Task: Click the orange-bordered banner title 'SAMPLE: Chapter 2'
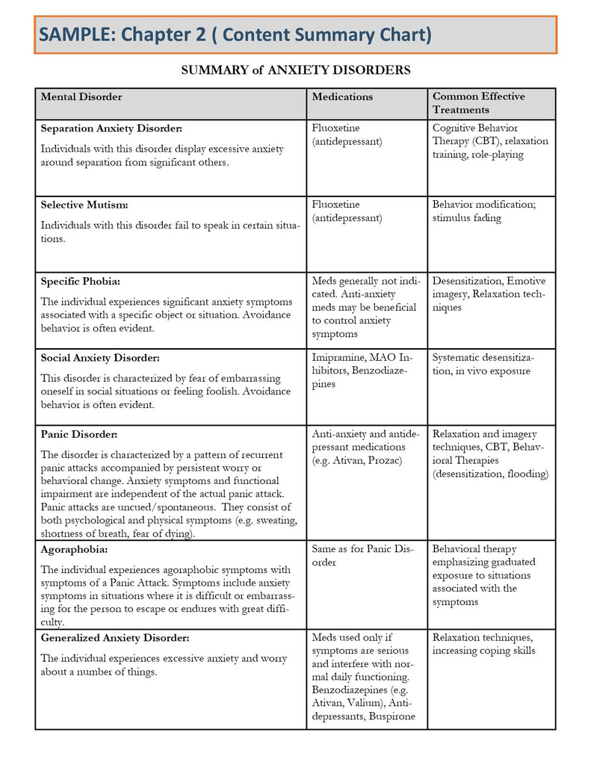(x=235, y=34)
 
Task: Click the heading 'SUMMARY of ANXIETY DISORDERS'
(x=295, y=70)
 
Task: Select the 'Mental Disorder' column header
(x=81, y=96)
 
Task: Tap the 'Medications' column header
(x=342, y=96)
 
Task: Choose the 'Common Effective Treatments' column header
(x=478, y=103)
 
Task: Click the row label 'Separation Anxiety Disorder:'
(x=111, y=128)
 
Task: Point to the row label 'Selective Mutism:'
(x=84, y=205)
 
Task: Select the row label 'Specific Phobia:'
(x=81, y=282)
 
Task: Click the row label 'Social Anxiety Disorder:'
(x=100, y=358)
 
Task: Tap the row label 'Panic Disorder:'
(x=79, y=434)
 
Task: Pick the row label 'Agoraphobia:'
(x=75, y=549)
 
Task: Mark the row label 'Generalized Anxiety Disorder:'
(x=115, y=638)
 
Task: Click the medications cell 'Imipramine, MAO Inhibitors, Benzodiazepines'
(x=362, y=371)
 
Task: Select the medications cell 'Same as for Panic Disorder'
(x=362, y=556)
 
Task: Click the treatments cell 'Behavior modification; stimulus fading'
(x=483, y=211)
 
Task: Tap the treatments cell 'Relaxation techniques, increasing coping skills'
(x=483, y=644)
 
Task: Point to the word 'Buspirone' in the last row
(x=389, y=716)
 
